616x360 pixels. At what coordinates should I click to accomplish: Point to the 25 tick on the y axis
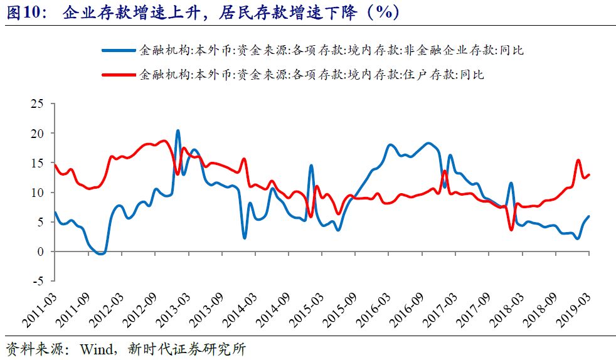[x=38, y=103]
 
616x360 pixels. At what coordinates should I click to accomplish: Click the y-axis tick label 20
[x=38, y=133]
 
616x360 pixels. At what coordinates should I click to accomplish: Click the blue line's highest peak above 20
[x=178, y=130]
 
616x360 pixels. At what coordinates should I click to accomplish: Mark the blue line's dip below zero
[x=101, y=253]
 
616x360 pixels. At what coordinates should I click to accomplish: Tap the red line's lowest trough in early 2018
[x=511, y=230]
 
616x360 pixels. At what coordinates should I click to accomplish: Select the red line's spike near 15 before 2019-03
[x=578, y=161]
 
